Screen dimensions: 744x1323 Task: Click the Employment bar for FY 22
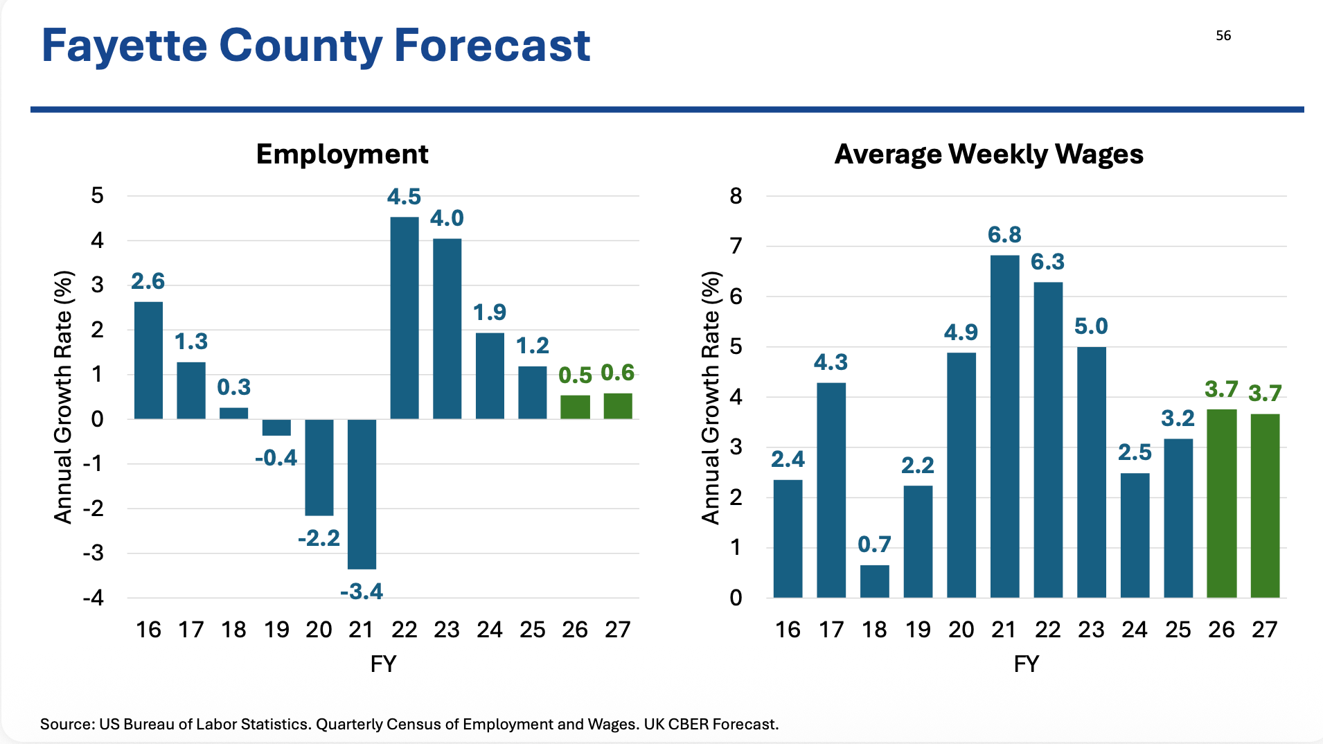(x=405, y=318)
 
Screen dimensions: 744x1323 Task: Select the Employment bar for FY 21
(x=362, y=494)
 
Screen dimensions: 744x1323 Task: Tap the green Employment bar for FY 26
(x=575, y=407)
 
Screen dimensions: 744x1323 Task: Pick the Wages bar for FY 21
(x=1004, y=426)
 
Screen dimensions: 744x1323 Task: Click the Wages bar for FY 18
(x=874, y=581)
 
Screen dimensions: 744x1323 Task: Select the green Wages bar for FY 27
(x=1264, y=506)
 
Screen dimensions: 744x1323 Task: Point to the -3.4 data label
(x=362, y=592)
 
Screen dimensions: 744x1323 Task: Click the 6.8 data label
(x=1004, y=235)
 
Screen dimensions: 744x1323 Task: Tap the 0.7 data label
(x=874, y=544)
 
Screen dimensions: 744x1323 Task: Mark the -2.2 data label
(x=319, y=538)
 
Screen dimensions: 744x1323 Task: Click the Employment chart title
(x=342, y=154)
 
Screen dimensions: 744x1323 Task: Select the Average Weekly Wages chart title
(x=988, y=154)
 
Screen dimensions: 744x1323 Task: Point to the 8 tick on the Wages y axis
(x=736, y=196)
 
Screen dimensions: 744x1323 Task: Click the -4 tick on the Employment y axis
(x=93, y=597)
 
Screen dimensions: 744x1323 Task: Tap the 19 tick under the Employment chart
(x=276, y=630)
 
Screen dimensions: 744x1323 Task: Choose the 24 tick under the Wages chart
(x=1134, y=630)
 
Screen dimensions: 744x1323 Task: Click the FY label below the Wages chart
(x=1026, y=664)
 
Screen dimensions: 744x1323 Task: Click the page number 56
(x=1223, y=36)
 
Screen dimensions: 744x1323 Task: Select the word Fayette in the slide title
(x=125, y=46)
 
